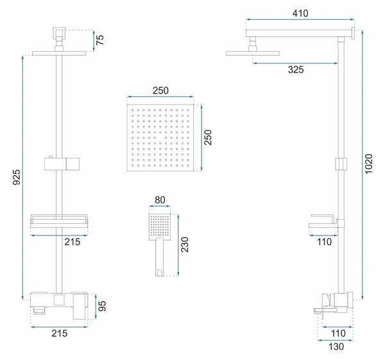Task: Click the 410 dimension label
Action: pyautogui.click(x=300, y=13)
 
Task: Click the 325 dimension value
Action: pyautogui.click(x=296, y=70)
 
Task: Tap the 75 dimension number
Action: pyautogui.click(x=100, y=40)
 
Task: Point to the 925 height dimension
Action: pyautogui.click(x=17, y=177)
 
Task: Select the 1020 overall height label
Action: pyautogui.click(x=369, y=164)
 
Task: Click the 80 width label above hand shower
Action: pyautogui.click(x=160, y=200)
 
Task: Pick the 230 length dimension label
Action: pyautogui.click(x=184, y=244)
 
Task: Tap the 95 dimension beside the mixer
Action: pyautogui.click(x=102, y=306)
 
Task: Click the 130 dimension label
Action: pyautogui.click(x=336, y=347)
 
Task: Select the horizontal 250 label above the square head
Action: pyautogui.click(x=160, y=90)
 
